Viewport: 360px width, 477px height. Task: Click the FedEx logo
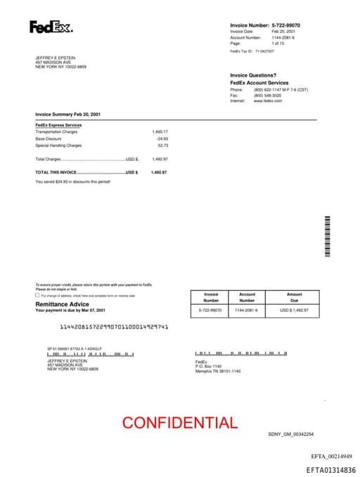tap(51, 27)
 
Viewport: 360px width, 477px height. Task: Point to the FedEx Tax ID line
tap(252, 51)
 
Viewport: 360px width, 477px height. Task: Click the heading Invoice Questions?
tap(253, 75)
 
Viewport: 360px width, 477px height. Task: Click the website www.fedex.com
tap(268, 101)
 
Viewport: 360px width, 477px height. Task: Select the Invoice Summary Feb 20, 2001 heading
tap(68, 114)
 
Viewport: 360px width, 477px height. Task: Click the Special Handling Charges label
tap(58, 146)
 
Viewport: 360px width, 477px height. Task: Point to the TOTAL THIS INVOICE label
tap(56, 172)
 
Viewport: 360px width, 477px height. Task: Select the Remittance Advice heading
tap(62, 304)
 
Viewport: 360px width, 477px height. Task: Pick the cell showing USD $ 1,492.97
tap(294, 310)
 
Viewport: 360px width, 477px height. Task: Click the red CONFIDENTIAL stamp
tap(180, 423)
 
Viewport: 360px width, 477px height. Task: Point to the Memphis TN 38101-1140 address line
tap(218, 371)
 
